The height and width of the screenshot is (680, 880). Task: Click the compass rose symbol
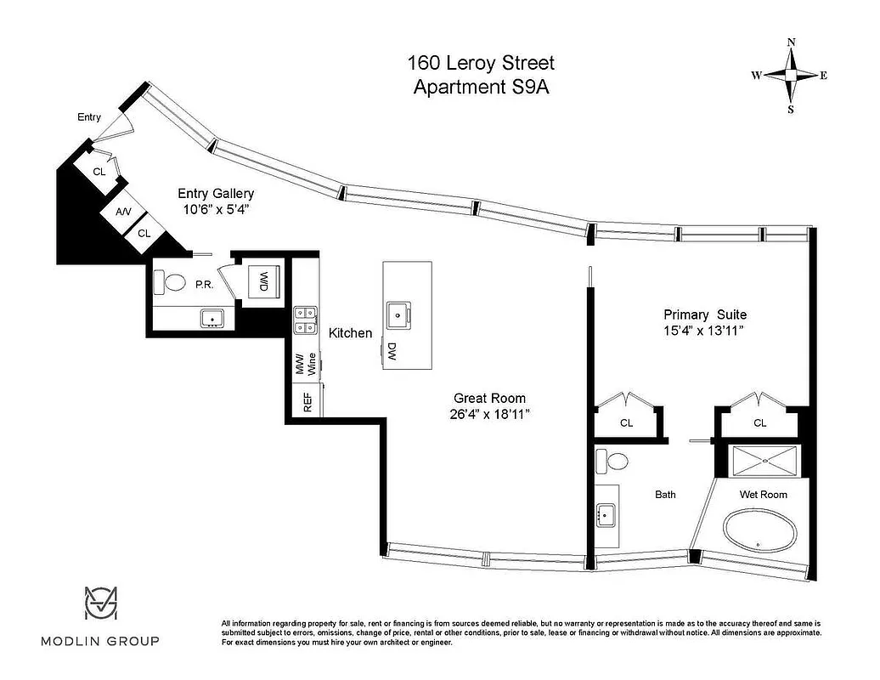(x=790, y=76)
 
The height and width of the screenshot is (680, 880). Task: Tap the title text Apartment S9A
(x=481, y=87)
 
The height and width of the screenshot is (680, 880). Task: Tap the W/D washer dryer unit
(x=263, y=281)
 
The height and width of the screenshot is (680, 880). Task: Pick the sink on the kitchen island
(x=398, y=314)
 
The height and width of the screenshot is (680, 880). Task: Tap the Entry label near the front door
(x=89, y=117)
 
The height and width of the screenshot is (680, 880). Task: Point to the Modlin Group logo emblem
(x=100, y=603)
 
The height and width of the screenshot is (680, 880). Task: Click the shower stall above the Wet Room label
(x=765, y=460)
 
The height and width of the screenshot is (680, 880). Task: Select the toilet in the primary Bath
(x=612, y=462)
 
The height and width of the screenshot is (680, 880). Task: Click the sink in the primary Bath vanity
(x=606, y=513)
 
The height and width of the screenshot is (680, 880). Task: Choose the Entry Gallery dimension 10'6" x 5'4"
(x=215, y=208)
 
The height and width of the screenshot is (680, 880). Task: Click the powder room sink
(x=212, y=318)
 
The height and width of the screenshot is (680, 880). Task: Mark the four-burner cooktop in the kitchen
(x=304, y=320)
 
